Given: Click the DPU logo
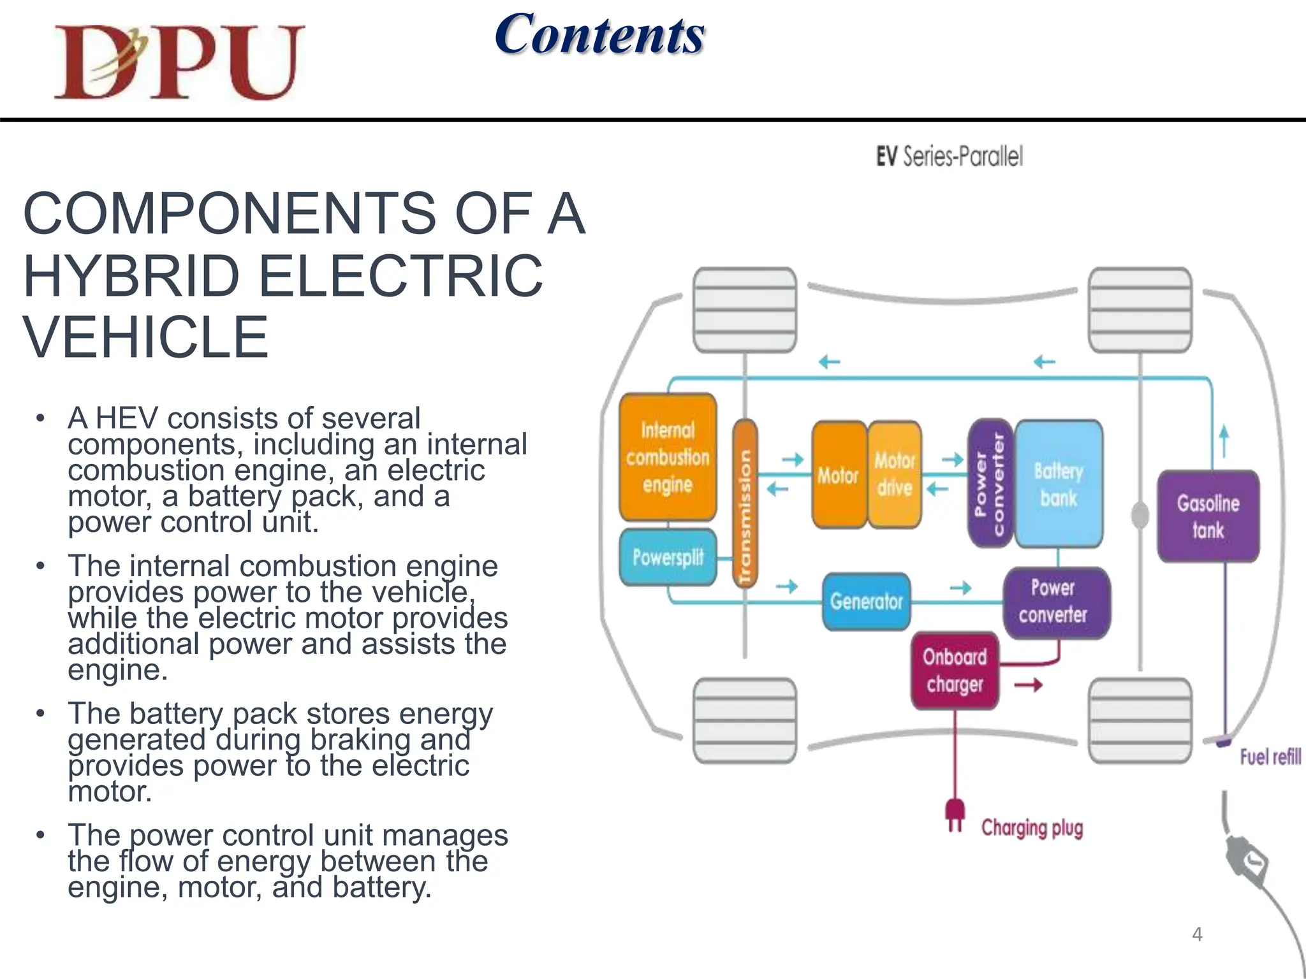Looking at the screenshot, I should (x=179, y=62).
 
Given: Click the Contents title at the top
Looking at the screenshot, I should (x=599, y=34).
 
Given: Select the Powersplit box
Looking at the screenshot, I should (x=667, y=558).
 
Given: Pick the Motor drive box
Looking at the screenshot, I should (x=895, y=474).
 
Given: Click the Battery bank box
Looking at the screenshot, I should (x=1059, y=484).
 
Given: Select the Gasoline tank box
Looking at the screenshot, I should (x=1208, y=516).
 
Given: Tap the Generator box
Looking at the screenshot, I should (x=866, y=601).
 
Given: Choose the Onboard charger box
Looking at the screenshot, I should (x=954, y=671).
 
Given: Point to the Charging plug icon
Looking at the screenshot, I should (x=954, y=815).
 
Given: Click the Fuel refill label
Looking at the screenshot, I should (x=1269, y=757).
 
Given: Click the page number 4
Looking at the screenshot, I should (x=1197, y=934).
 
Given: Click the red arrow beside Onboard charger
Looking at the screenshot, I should (x=1028, y=685).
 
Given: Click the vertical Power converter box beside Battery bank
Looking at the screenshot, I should (x=990, y=484).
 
